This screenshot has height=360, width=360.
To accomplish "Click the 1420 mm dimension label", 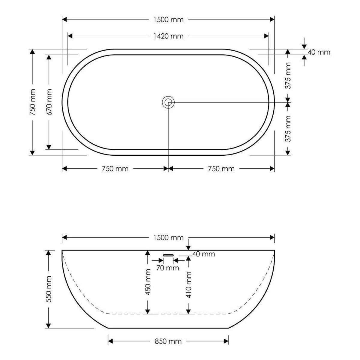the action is pos(168,36).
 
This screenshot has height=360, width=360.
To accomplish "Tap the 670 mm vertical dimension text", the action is pos(49,102).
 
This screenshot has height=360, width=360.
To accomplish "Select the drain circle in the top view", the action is pos(168,102).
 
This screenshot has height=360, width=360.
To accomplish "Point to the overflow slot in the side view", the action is pos(168,255).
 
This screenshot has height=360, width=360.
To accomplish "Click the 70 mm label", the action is pos(168,268).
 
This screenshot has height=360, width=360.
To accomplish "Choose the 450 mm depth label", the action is pos(148,282).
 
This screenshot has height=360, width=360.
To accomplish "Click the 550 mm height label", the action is pos(49,289).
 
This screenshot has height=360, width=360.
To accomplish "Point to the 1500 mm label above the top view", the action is pos(168,19).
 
